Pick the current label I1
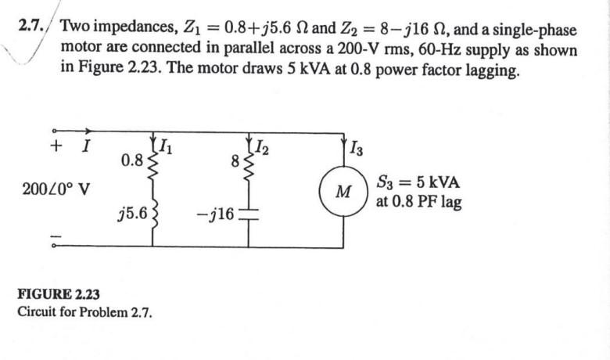pos(166,144)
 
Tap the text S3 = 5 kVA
pos(418,183)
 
